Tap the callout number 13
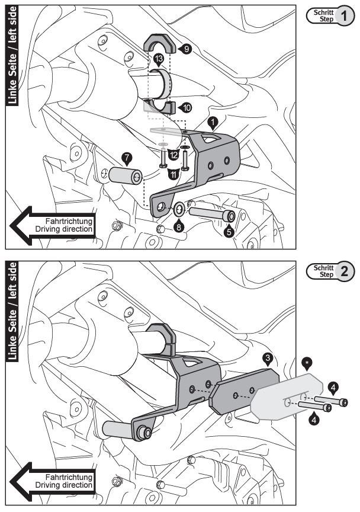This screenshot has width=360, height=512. pyautogui.click(x=158, y=58)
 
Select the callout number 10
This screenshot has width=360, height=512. pyautogui.click(x=187, y=108)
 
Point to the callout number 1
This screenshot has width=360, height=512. pyautogui.click(x=212, y=121)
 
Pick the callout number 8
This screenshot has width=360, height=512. pyautogui.click(x=179, y=226)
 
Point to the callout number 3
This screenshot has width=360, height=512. pyautogui.click(x=268, y=357)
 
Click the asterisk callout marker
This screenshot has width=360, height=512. pyautogui.click(x=307, y=361)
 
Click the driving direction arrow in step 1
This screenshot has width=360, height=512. pyautogui.click(x=53, y=225)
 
